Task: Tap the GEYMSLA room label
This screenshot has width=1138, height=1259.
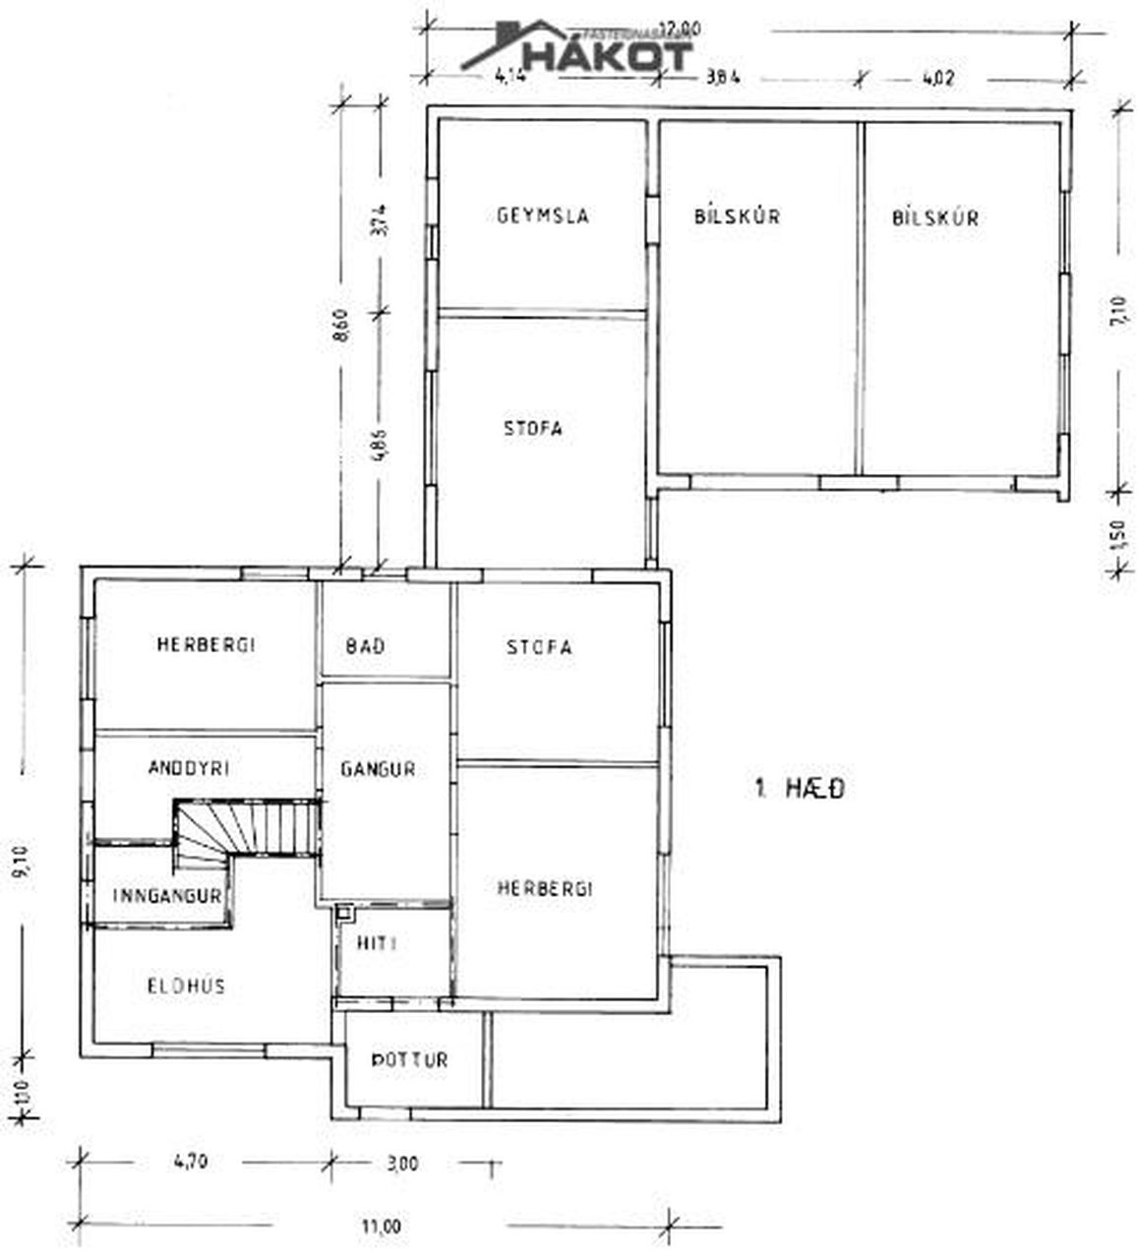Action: [543, 215]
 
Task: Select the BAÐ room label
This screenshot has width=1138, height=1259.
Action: [365, 647]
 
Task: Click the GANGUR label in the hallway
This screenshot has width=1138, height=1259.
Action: [378, 769]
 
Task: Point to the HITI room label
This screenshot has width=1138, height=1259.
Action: [378, 943]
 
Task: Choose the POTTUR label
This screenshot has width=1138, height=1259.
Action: [409, 1060]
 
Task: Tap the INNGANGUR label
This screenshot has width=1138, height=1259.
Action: [166, 896]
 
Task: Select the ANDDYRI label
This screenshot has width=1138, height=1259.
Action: [188, 768]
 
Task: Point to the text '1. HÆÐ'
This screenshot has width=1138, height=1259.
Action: [799, 788]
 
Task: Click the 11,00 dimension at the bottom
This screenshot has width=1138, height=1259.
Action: [381, 1226]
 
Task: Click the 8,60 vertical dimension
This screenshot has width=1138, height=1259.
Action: [341, 325]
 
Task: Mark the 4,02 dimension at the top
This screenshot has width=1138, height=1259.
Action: [936, 79]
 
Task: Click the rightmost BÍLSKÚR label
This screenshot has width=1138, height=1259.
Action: [934, 217]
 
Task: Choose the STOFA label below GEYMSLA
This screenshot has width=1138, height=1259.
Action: [532, 429]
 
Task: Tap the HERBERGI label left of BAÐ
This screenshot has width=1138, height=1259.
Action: [206, 645]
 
